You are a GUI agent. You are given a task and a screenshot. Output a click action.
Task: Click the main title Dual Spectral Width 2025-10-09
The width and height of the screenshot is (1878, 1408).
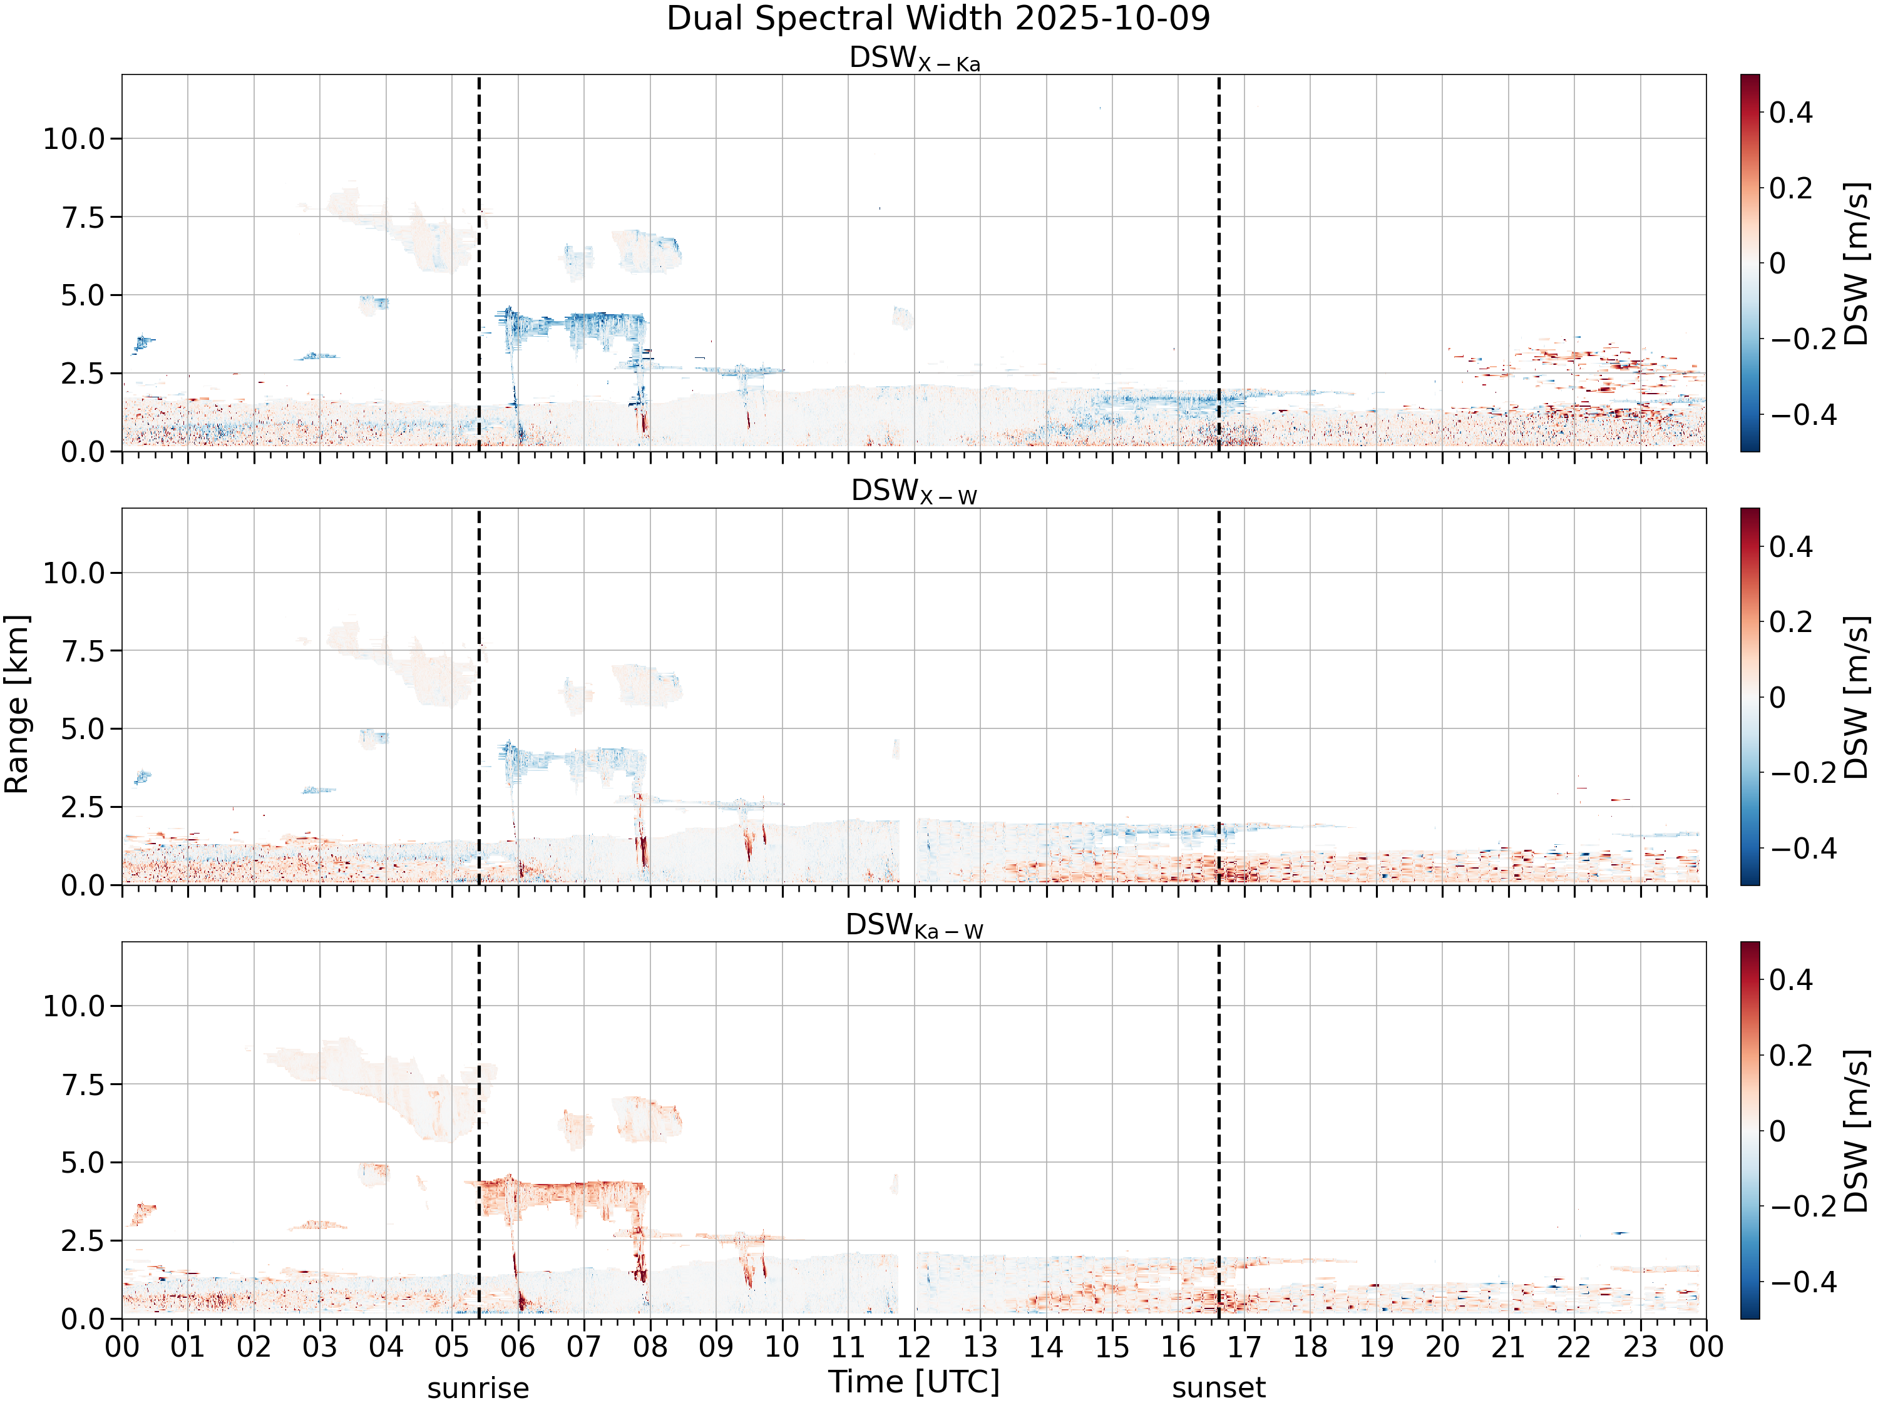938,19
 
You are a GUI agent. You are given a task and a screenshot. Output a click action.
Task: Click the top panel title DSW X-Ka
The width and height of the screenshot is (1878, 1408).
915,59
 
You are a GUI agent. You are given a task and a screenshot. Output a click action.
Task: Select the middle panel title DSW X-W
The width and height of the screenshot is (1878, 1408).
915,492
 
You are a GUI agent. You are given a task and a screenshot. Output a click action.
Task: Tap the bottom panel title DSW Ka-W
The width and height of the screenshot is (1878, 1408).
915,926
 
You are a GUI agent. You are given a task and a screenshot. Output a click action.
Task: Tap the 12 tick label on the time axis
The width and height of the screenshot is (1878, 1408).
915,1347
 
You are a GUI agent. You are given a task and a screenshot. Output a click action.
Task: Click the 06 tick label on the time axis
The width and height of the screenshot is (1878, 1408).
518,1347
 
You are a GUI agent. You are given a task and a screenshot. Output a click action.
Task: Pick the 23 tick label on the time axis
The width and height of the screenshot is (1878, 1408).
1640,1347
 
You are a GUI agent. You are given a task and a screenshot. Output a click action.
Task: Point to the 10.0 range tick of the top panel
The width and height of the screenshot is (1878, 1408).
74,138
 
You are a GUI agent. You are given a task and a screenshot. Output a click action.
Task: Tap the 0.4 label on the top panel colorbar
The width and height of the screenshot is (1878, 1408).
1792,112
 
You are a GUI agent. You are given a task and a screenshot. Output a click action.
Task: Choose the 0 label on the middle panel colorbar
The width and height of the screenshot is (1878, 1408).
1777,698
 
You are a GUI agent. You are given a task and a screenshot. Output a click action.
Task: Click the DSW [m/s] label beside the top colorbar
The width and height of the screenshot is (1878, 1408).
1857,263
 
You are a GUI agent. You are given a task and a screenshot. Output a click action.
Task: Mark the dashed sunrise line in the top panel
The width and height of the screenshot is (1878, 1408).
479,263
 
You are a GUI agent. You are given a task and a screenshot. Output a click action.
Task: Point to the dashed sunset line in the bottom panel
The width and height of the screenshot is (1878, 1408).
1219,1131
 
